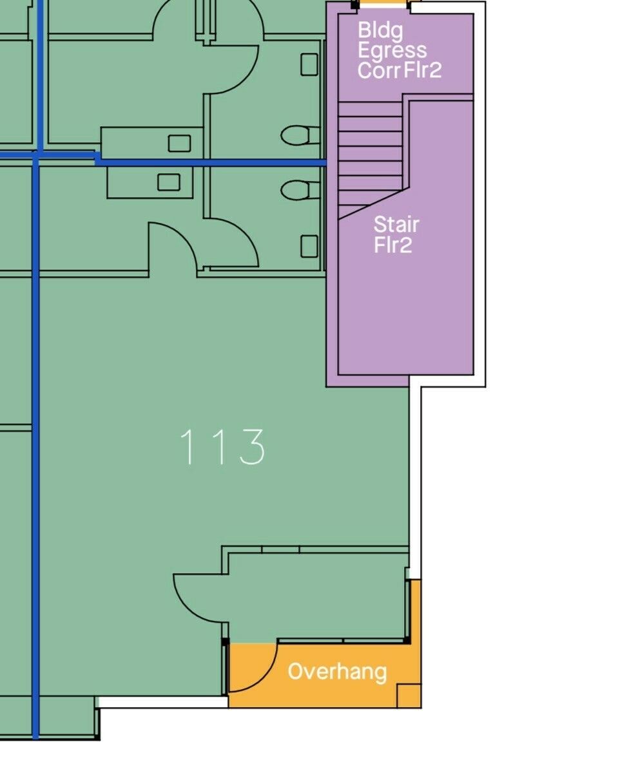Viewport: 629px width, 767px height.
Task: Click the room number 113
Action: tap(223, 446)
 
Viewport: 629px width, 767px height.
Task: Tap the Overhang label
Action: tap(337, 672)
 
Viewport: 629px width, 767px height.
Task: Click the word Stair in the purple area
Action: tap(396, 225)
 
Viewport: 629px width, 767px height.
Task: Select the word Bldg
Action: tap(380, 30)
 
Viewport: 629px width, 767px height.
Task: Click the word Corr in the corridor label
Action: tap(379, 70)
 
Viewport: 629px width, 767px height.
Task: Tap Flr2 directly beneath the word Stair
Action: tap(392, 245)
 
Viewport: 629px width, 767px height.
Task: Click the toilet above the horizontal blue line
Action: tap(300, 135)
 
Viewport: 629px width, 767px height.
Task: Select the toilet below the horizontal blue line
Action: tap(300, 189)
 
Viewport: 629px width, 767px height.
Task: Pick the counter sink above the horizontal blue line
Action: tap(179, 144)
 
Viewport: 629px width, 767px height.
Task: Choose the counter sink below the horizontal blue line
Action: tap(168, 182)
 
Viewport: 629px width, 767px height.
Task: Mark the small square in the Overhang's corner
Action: tap(409, 696)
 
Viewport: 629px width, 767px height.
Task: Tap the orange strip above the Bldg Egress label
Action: tap(383, 4)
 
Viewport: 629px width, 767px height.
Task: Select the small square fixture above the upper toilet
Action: tap(309, 64)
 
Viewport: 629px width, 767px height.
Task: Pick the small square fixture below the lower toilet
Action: tap(309, 246)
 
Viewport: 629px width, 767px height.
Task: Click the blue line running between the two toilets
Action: tap(211, 162)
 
